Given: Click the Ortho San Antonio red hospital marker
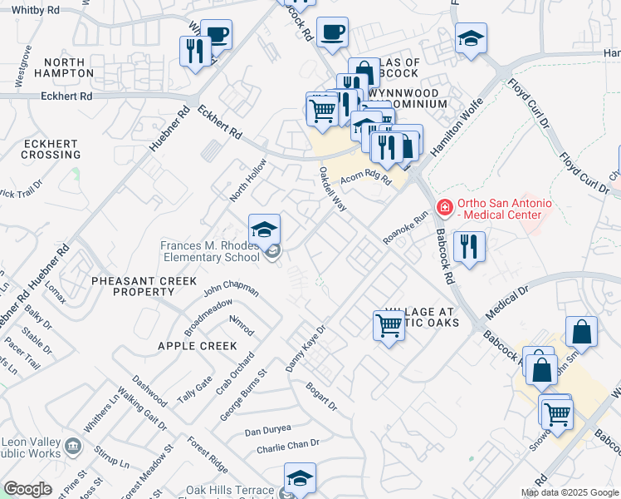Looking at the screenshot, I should point(445,206).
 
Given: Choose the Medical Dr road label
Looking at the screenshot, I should point(507,304).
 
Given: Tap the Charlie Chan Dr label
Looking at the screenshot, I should point(288,445).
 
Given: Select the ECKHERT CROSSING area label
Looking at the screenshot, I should point(51,149).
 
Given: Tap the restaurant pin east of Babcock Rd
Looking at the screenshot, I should point(470,247).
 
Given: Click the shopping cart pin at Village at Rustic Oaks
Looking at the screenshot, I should point(389,324).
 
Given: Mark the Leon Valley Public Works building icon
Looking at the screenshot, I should point(72,447).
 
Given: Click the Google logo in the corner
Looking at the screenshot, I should point(27,489).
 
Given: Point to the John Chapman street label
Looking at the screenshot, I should point(231,289).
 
